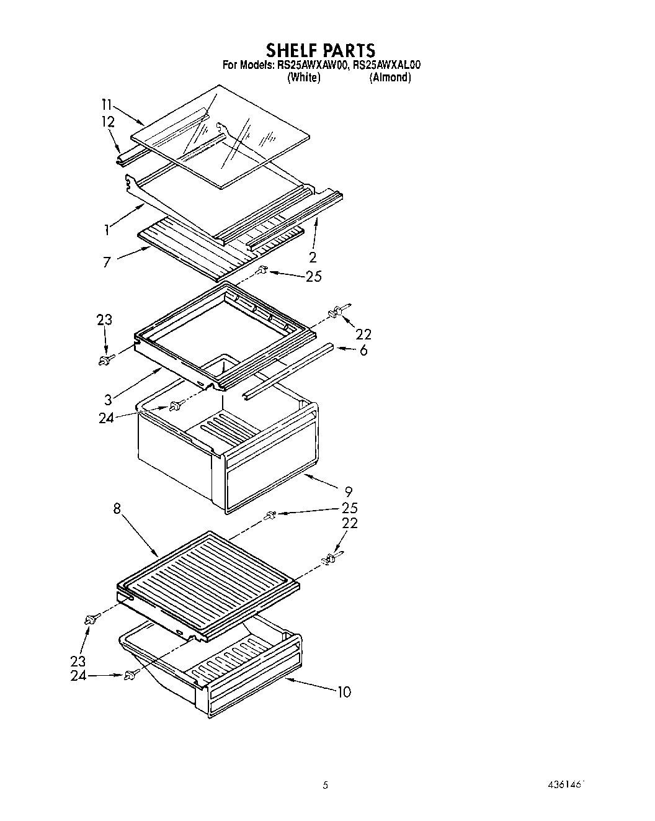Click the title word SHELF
pos(294,50)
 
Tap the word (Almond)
pos(390,78)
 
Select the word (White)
pos(304,78)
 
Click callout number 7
pos(107,262)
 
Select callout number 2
pos(313,257)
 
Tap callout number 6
pos(363,350)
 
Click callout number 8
pos(116,508)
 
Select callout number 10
pos(344,692)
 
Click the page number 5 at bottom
pos(324,786)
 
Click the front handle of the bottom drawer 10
pos(254,683)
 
